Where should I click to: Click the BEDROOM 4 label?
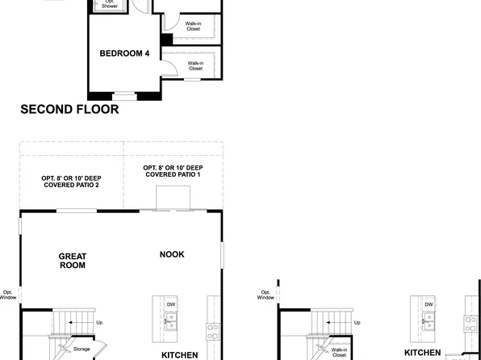(x=124, y=54)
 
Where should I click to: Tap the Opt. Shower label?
(x=109, y=4)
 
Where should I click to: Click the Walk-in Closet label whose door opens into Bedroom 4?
(x=195, y=65)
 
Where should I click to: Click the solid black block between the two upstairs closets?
(x=166, y=40)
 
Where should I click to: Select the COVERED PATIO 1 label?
(x=173, y=171)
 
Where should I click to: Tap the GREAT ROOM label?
(x=72, y=260)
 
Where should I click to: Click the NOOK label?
(x=171, y=254)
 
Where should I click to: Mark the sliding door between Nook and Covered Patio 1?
(x=173, y=211)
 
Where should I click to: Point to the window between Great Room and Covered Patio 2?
(x=76, y=211)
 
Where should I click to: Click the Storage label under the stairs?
(x=82, y=349)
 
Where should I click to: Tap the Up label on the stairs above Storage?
(x=99, y=323)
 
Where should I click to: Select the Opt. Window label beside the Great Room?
(x=8, y=295)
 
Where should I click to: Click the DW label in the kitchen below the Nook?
(x=171, y=304)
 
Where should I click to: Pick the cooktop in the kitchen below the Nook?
(x=213, y=330)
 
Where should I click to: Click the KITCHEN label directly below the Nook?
(x=180, y=354)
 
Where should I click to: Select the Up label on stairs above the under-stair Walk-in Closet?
(x=358, y=323)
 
